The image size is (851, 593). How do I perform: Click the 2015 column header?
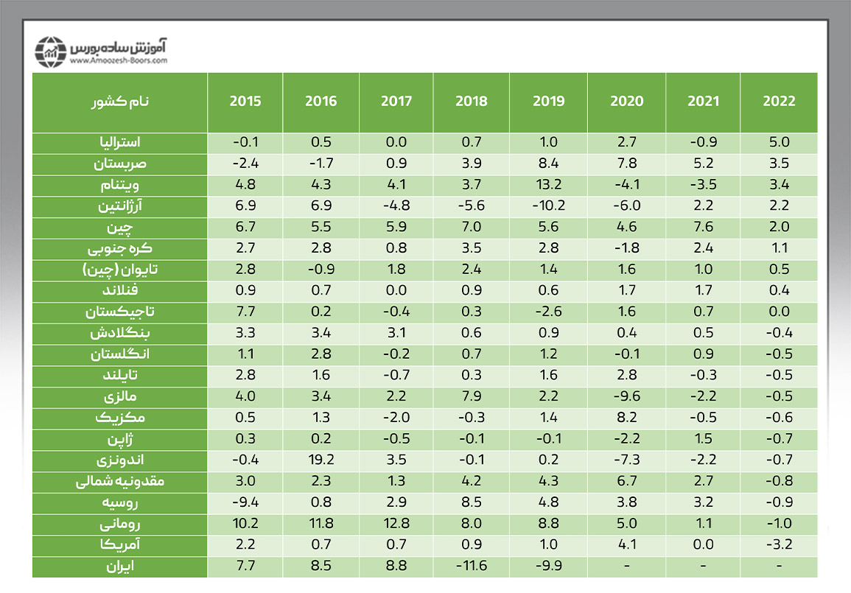[x=245, y=102]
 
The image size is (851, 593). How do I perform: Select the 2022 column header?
[x=779, y=102]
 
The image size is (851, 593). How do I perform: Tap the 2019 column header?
[x=548, y=102]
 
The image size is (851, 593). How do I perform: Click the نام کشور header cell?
[x=120, y=102]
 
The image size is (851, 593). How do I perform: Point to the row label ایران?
[x=122, y=567]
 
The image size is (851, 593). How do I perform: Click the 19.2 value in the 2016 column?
[x=321, y=461]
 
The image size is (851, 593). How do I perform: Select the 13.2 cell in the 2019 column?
[x=548, y=185]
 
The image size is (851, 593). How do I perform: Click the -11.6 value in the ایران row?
[x=470, y=567]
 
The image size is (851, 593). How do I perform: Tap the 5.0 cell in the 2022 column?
[x=779, y=142]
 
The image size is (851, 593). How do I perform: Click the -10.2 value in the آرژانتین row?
[x=548, y=206]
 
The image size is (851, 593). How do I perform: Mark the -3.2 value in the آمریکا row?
[x=779, y=546]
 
